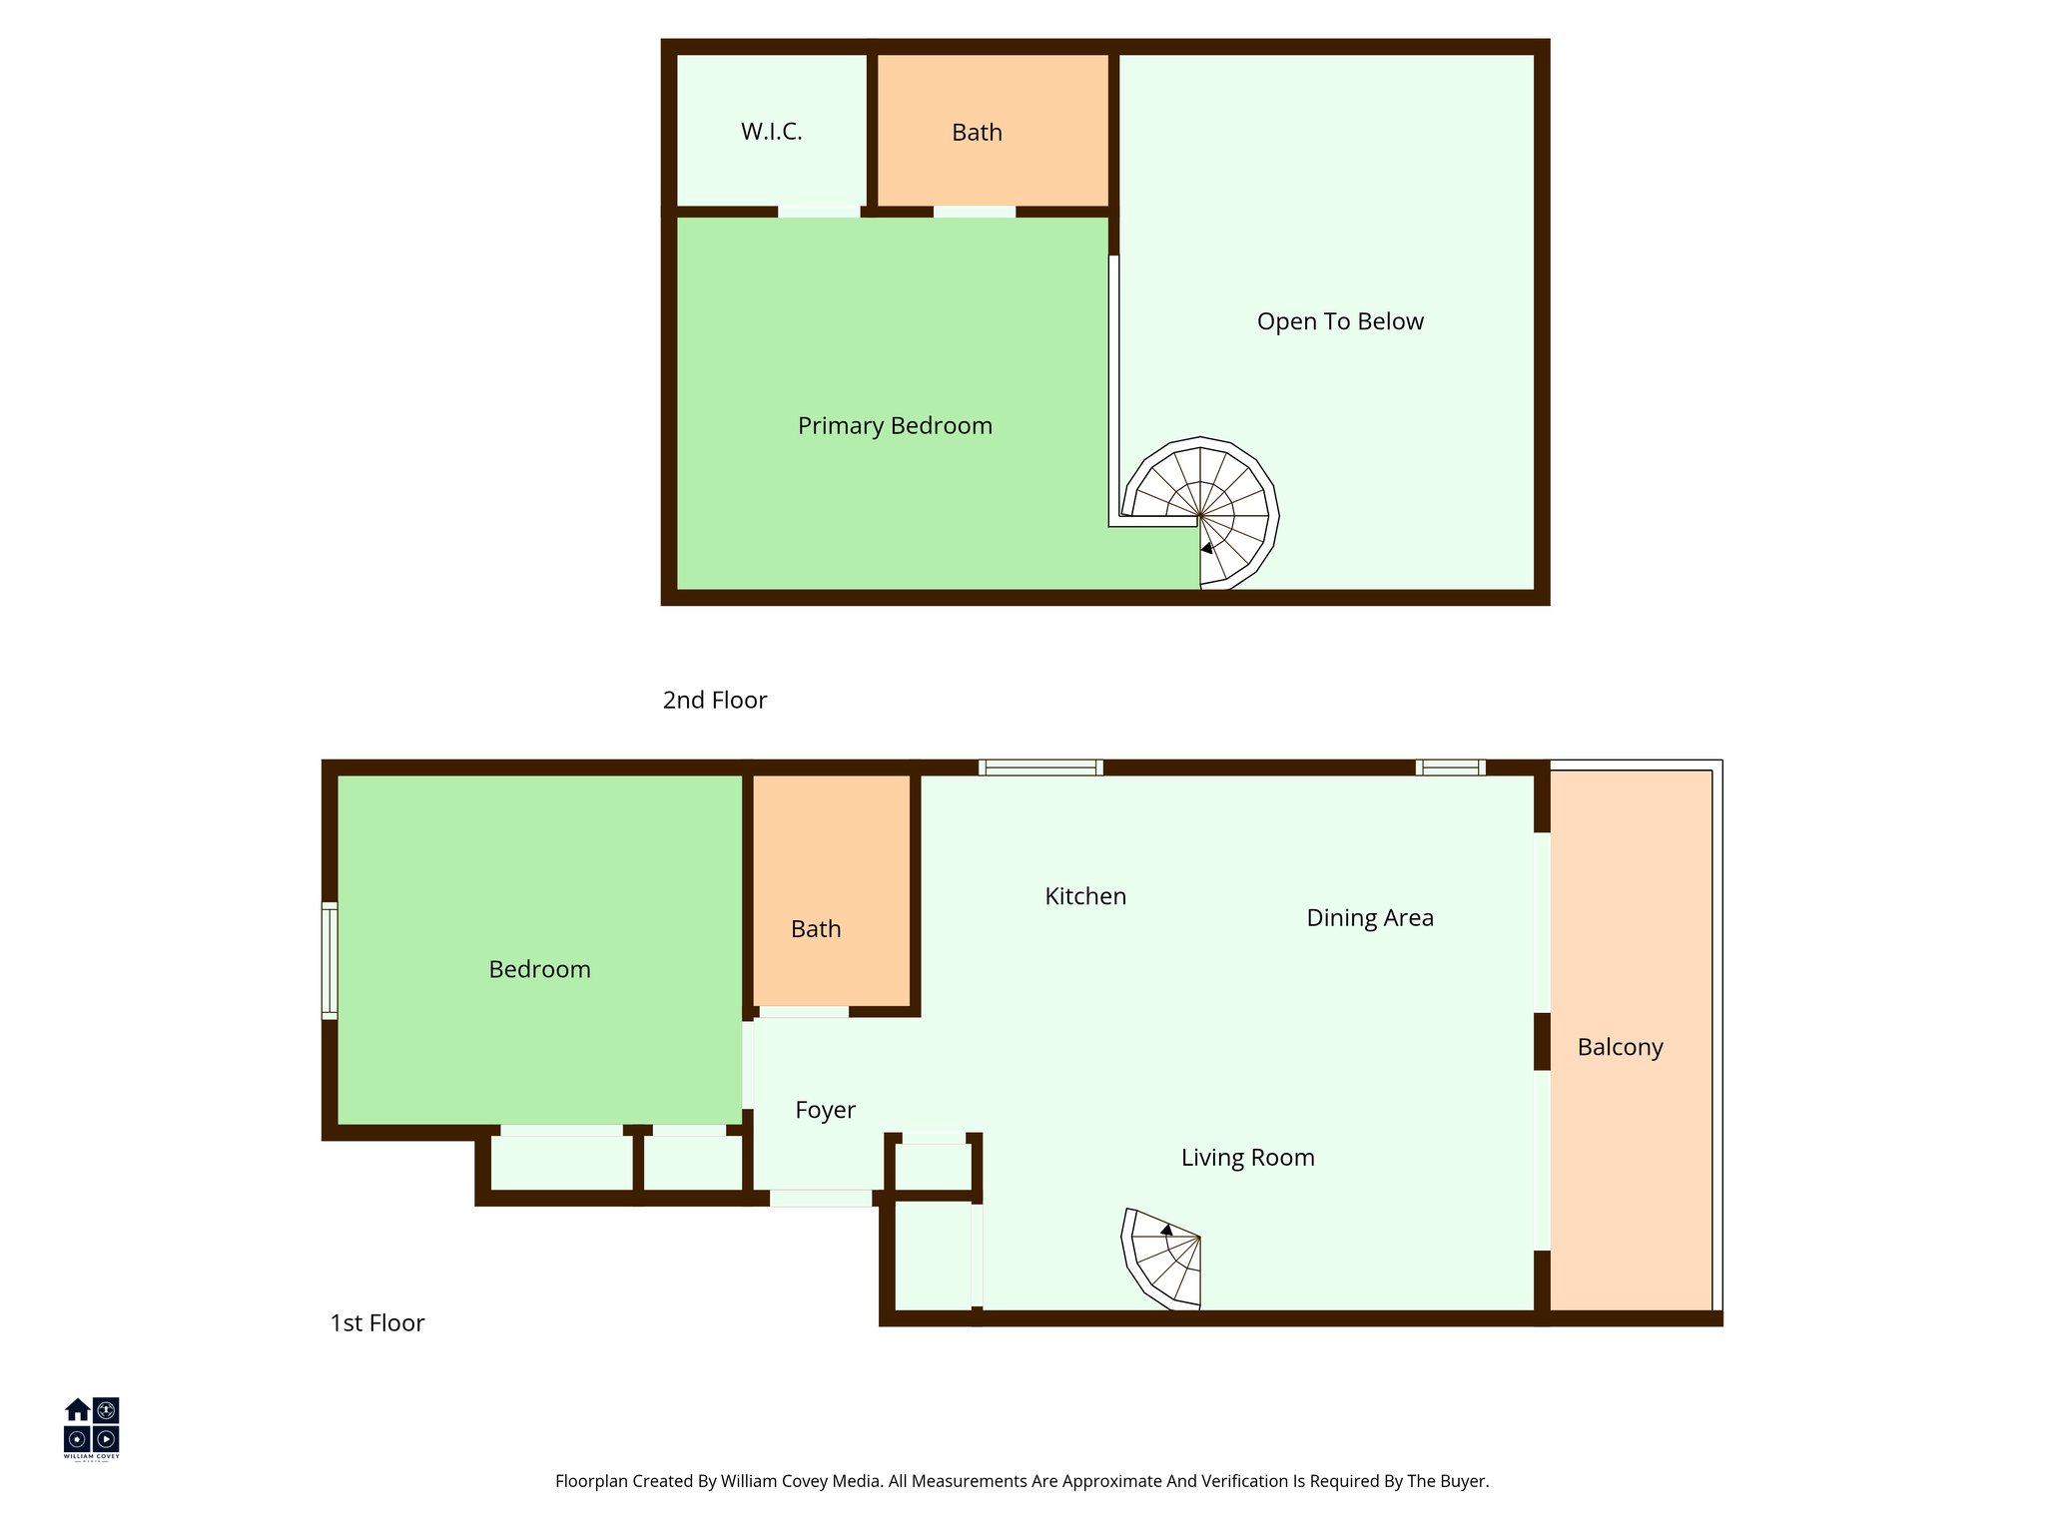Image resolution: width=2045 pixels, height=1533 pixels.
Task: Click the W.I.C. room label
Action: (771, 132)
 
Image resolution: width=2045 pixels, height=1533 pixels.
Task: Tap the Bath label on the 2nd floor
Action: (977, 133)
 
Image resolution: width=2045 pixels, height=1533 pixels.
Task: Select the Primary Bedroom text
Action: (895, 426)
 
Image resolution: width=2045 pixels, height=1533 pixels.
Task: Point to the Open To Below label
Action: (1340, 321)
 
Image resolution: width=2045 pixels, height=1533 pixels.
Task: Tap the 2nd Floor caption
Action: (714, 701)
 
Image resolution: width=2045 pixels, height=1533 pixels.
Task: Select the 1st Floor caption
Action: (376, 1323)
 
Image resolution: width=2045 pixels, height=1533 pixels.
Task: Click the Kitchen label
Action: (1085, 896)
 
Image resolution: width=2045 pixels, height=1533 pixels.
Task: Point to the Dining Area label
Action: (1370, 918)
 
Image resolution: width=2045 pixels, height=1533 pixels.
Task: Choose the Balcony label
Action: (1620, 1048)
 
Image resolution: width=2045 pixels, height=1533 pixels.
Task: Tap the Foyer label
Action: (825, 1110)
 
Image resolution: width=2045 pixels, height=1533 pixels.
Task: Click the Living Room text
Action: (1247, 1158)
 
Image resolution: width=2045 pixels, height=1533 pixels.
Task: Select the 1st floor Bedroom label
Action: (539, 970)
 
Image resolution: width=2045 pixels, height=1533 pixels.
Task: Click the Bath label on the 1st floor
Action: (816, 929)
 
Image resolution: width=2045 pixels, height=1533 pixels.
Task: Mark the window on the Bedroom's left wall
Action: (329, 961)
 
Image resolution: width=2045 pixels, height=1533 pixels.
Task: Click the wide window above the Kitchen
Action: (1040, 767)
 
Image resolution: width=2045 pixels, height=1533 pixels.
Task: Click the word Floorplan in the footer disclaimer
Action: (591, 1481)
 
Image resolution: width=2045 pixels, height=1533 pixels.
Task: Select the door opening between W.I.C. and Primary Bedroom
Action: (819, 212)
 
